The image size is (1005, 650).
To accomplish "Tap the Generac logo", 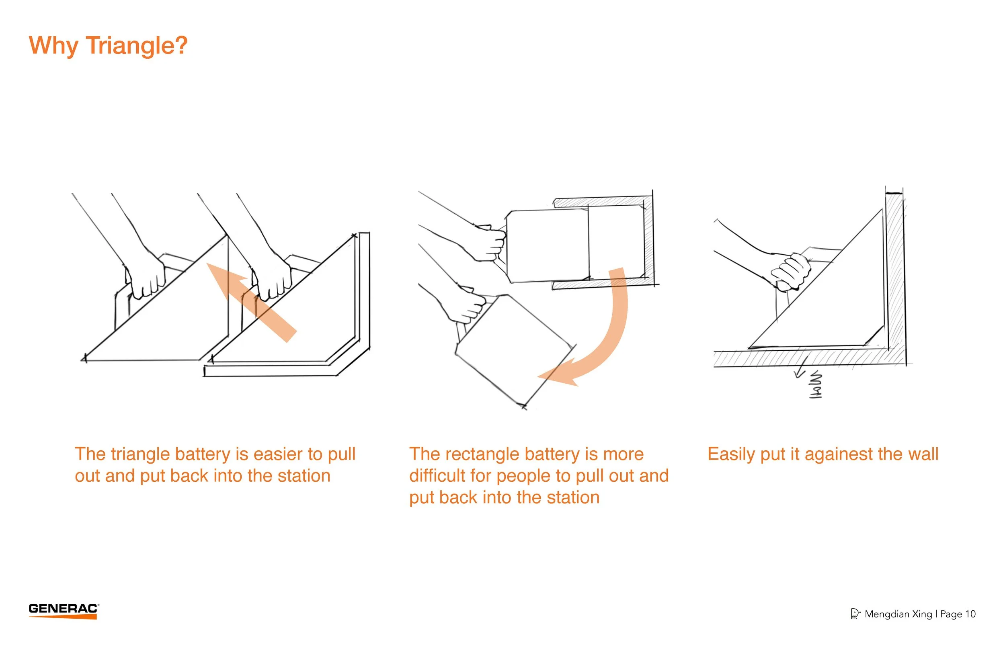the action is [64, 610].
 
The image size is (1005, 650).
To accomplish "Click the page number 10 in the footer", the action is [970, 614].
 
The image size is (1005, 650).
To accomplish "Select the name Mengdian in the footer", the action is [887, 614].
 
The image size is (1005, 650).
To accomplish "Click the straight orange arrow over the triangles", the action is [253, 302].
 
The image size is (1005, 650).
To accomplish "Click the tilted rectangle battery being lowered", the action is [513, 350].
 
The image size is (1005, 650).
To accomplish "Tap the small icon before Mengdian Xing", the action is [855, 614].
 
